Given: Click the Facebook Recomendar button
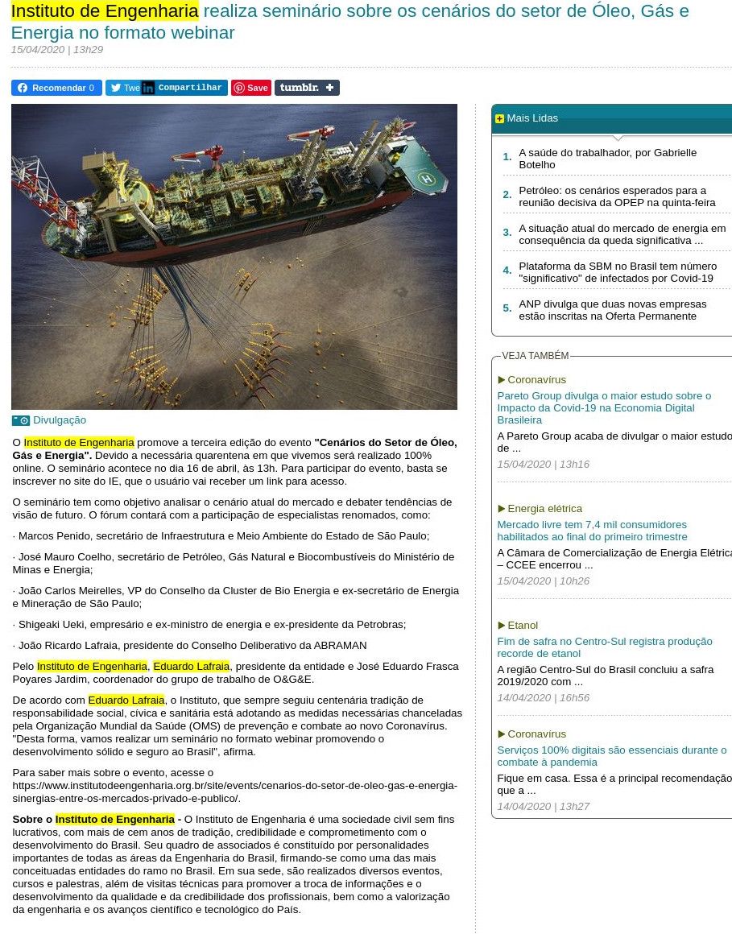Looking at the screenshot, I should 56,88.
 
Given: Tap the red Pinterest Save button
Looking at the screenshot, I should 251,88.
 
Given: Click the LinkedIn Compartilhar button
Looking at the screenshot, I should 184,88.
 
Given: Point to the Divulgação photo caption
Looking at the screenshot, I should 59,420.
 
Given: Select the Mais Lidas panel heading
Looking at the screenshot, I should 531,118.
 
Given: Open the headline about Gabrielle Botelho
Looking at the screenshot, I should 607,159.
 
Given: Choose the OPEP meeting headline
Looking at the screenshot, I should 617,196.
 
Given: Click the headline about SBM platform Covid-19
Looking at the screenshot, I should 617,272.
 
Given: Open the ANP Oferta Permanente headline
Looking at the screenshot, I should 612,310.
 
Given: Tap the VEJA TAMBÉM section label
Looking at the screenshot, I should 535,356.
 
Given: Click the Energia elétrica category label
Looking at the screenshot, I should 544,509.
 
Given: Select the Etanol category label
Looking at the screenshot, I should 523,626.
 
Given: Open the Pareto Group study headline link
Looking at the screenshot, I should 603,407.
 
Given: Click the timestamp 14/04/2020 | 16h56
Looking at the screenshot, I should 543,698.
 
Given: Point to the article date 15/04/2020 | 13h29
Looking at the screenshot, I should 56,50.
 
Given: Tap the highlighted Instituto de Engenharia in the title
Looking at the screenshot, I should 105,12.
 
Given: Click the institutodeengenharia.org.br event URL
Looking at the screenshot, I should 234,791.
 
